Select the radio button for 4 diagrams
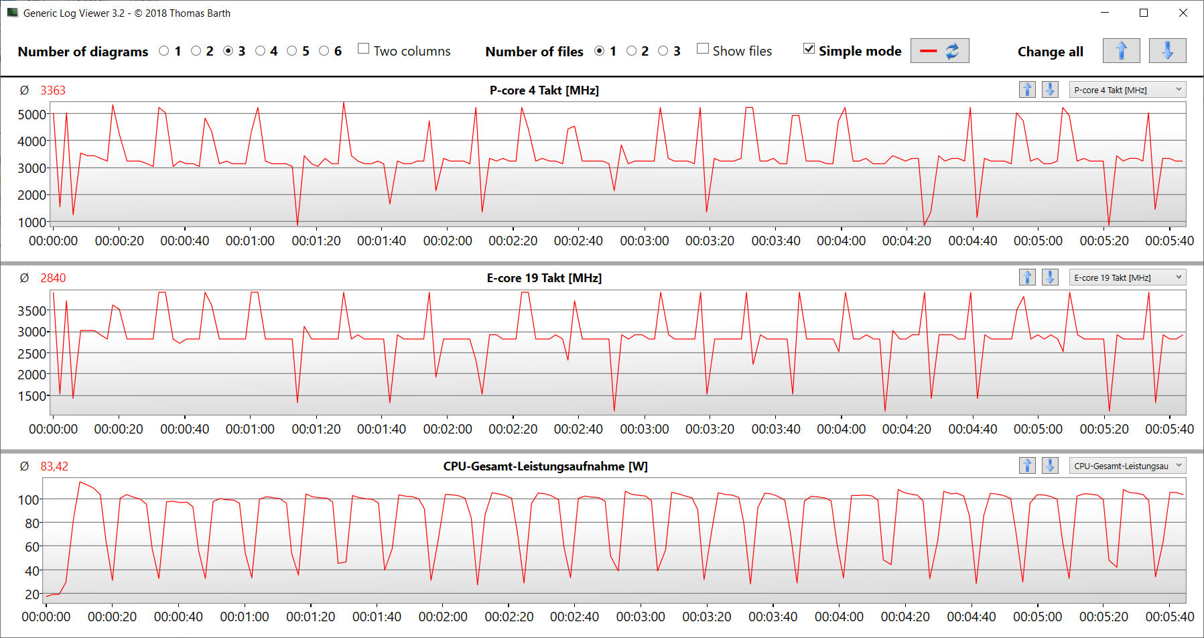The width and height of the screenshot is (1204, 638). click(261, 51)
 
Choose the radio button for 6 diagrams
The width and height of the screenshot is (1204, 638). click(324, 51)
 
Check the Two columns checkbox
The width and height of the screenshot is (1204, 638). click(364, 49)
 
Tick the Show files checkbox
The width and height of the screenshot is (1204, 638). click(703, 49)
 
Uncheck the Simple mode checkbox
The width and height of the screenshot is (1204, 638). click(809, 49)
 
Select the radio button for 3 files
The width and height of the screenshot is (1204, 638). click(663, 51)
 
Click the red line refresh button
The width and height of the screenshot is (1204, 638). click(939, 51)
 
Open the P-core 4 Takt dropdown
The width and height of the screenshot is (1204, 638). click(1127, 90)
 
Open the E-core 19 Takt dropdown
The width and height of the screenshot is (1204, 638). click(1127, 277)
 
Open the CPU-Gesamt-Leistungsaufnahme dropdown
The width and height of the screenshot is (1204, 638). click(1127, 466)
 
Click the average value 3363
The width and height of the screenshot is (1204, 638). click(53, 90)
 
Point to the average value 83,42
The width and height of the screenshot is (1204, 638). click(54, 466)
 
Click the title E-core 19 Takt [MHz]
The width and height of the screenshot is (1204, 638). click(544, 278)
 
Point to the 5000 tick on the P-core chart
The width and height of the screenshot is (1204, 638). click(31, 115)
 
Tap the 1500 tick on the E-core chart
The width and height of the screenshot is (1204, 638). click(31, 396)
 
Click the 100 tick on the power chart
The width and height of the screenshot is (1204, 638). click(28, 499)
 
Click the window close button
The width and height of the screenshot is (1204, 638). click(1183, 13)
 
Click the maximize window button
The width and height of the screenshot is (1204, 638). click(1144, 13)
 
